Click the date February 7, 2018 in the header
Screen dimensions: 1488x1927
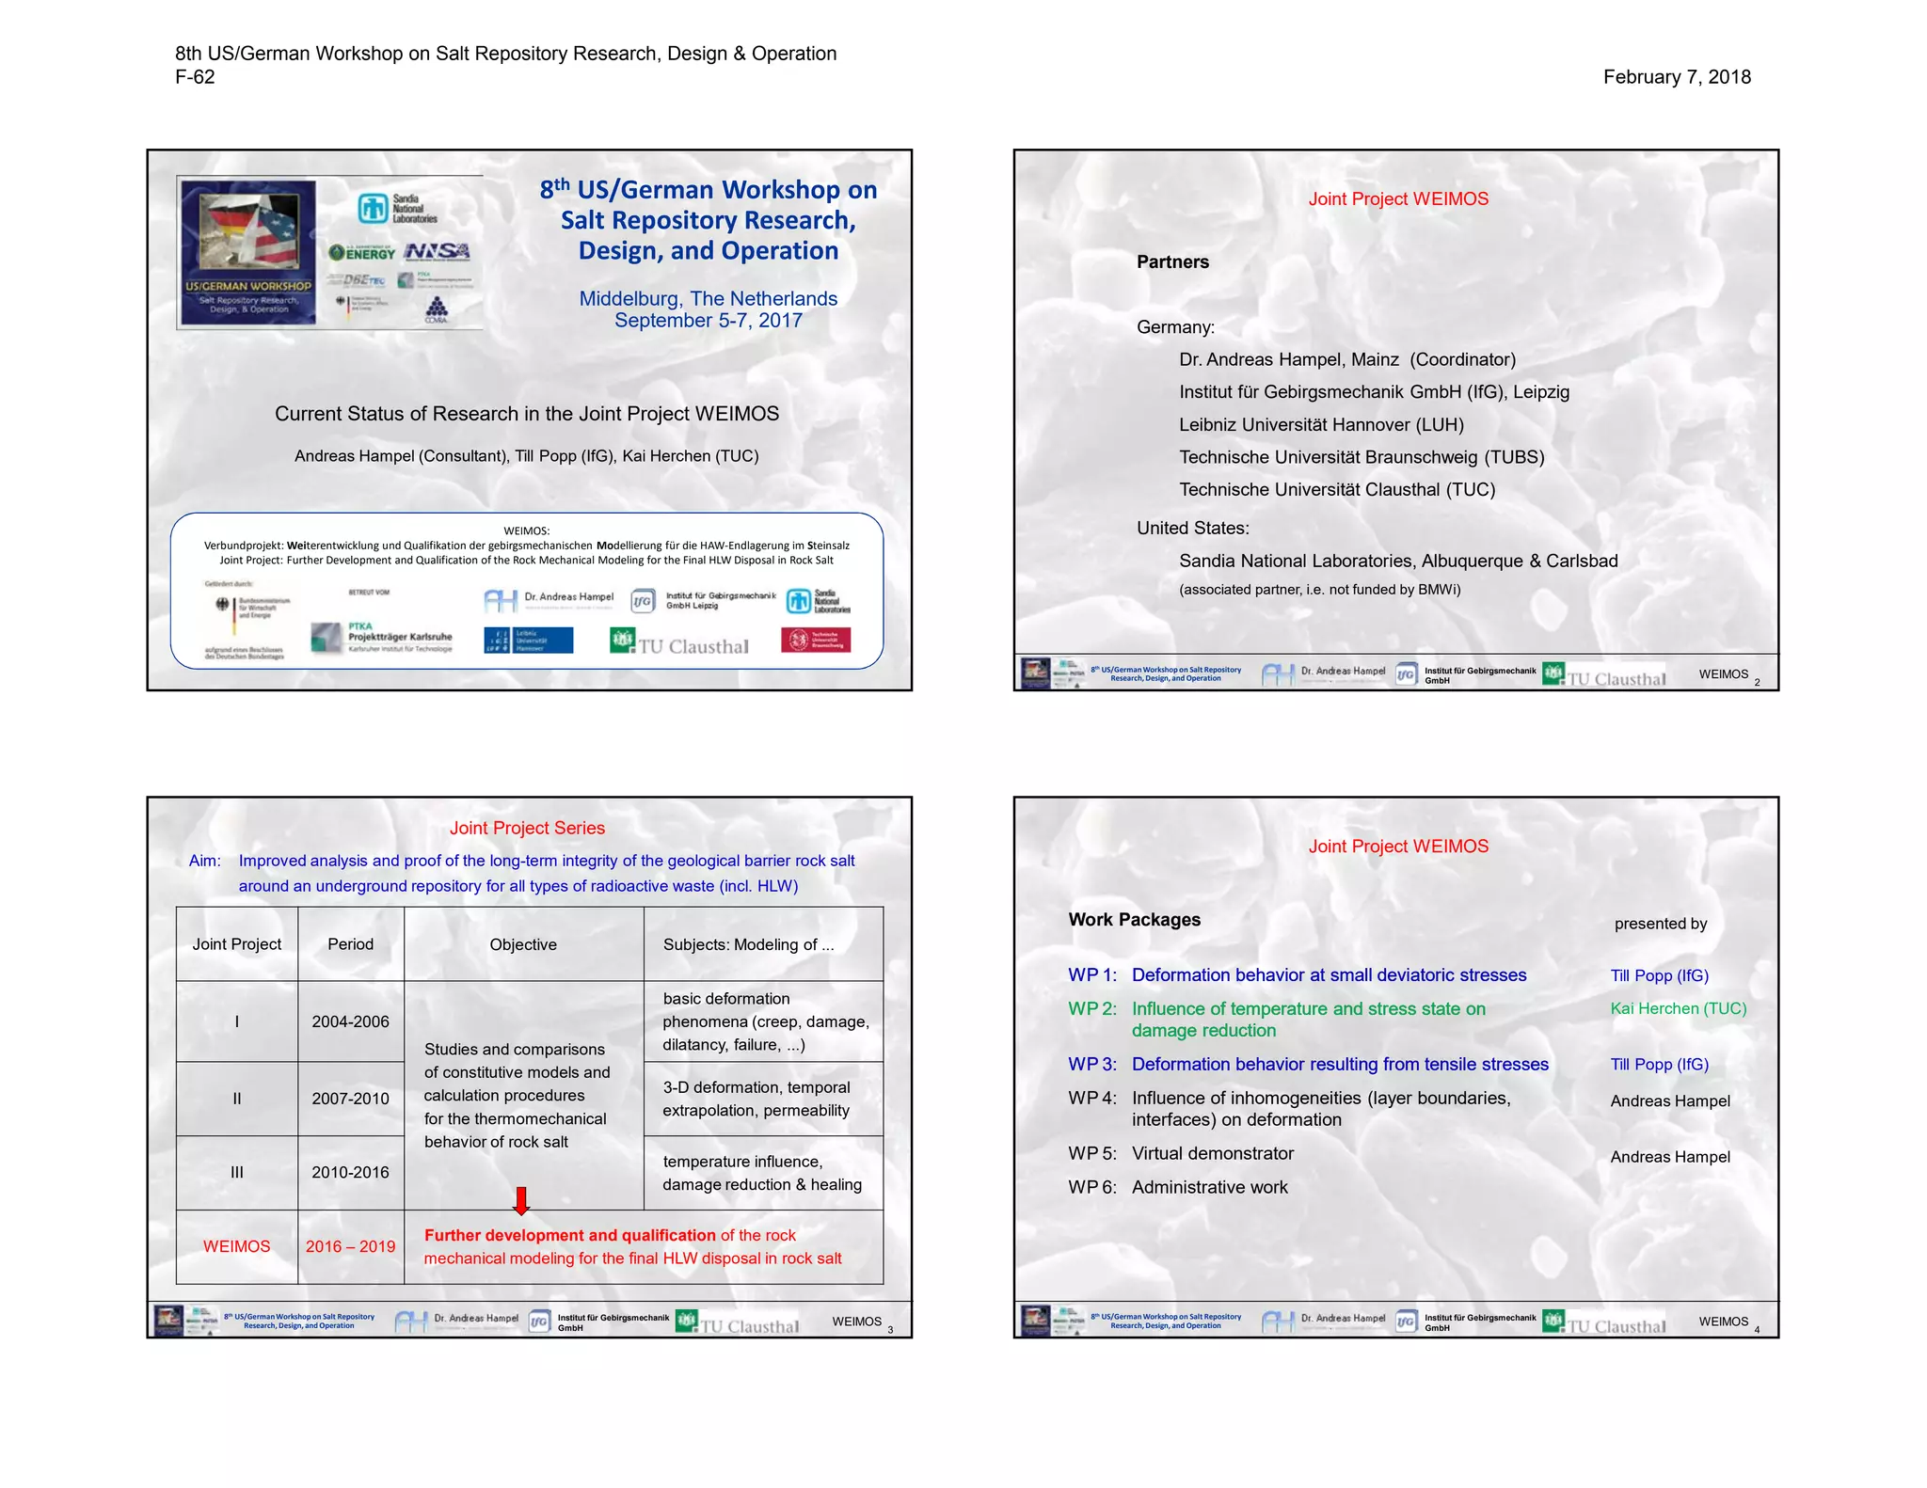(x=1677, y=77)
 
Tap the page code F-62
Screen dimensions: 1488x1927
(x=195, y=77)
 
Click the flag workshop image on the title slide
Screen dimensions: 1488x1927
(x=248, y=252)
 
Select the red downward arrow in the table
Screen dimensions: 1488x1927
(x=521, y=1200)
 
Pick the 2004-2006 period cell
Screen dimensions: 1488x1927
(x=350, y=1021)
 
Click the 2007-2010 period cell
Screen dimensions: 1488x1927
(x=350, y=1099)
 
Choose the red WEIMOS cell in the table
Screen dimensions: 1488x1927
(x=236, y=1246)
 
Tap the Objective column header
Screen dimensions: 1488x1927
(x=523, y=944)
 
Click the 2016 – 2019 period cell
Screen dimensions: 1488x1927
(x=350, y=1246)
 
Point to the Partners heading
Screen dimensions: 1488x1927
(x=1172, y=262)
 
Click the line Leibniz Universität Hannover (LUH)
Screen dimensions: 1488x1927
(x=1321, y=425)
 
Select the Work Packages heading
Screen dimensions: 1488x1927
(x=1134, y=920)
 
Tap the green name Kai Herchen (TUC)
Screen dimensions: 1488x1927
(x=1678, y=1008)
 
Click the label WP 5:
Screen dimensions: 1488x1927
(x=1092, y=1154)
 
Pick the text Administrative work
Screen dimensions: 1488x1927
(x=1209, y=1188)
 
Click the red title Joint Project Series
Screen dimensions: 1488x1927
(x=527, y=828)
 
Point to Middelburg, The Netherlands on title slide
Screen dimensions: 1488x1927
(x=708, y=299)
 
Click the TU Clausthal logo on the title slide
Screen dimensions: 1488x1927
(x=680, y=642)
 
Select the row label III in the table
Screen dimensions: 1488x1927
(x=236, y=1173)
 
